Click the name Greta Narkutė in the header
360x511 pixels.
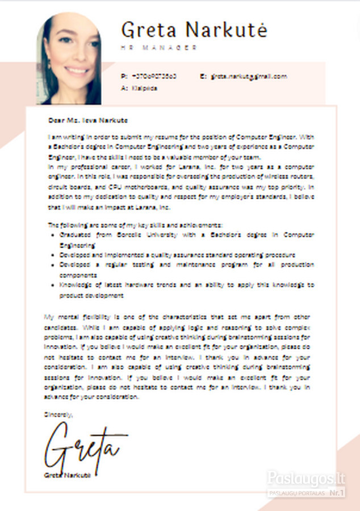coord(194,30)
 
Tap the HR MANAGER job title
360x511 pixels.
coord(159,48)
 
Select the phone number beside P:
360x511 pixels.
coord(154,76)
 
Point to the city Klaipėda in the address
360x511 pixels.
coord(144,89)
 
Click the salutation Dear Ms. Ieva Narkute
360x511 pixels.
coord(88,120)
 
